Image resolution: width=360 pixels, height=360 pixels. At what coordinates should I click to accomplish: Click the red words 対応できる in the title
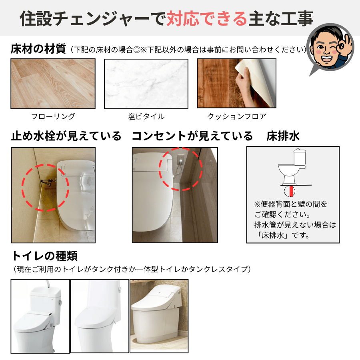[x=207, y=18]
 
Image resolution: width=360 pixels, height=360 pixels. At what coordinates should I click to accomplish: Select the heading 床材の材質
[x=38, y=49]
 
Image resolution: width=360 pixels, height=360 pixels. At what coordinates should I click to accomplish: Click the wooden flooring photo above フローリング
[x=53, y=84]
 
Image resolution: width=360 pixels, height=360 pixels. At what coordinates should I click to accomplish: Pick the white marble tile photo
[x=146, y=84]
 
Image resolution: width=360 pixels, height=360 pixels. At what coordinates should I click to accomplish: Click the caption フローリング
[x=53, y=116]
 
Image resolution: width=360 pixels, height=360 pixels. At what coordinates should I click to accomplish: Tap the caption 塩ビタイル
[x=146, y=116]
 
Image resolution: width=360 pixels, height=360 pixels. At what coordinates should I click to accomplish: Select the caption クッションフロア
[x=237, y=116]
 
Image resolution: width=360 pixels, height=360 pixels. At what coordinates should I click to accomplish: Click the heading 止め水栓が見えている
[x=66, y=136]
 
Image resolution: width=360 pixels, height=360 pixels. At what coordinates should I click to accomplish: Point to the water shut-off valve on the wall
[x=48, y=182]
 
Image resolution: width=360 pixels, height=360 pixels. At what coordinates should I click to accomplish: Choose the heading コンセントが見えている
[x=192, y=136]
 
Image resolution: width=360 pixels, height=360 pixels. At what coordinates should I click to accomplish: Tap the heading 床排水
[x=283, y=136]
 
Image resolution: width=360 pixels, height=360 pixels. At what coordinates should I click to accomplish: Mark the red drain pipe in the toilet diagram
[x=291, y=191]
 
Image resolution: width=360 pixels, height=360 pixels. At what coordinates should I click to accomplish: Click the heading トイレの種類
[x=45, y=256]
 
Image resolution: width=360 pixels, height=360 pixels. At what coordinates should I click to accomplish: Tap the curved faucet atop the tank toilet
[x=47, y=284]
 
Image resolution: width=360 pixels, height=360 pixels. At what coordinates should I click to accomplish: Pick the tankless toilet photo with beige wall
[x=159, y=316]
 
